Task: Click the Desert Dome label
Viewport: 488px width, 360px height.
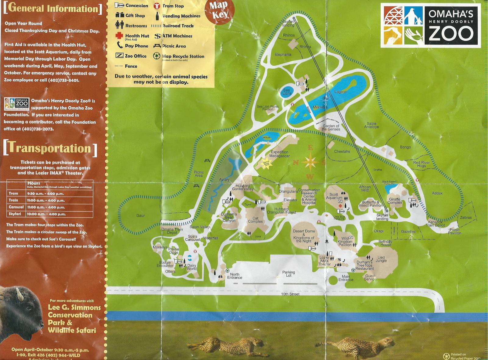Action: coord(304,232)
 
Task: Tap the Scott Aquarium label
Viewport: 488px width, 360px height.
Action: coord(334,196)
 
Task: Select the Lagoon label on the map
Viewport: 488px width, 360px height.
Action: coord(340,92)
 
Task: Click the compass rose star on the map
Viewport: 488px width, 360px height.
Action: coord(310,162)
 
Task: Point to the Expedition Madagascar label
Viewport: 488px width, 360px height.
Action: coord(279,154)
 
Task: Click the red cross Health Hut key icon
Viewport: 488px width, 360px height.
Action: coord(119,36)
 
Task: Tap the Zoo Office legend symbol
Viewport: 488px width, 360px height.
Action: coord(119,56)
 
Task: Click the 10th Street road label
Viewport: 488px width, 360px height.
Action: coord(290,294)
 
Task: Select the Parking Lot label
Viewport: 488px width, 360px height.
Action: coord(288,274)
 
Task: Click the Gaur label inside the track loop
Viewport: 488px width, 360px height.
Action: coord(140,215)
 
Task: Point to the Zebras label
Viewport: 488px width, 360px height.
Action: coord(466,218)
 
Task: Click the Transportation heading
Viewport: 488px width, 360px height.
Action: coord(50,148)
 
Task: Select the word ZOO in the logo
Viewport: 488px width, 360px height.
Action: coord(451,34)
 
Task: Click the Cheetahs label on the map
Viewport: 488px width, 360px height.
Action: coord(342,151)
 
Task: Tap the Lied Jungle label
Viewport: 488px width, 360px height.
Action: coord(381,259)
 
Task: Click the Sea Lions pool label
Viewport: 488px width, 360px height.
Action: coord(287,92)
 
